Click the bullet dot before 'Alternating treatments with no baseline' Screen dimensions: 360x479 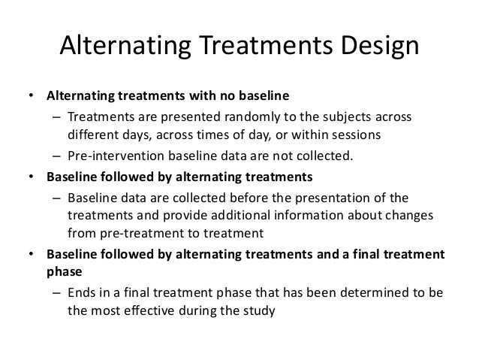coord(31,97)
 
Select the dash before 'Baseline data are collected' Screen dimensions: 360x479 coord(56,198)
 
